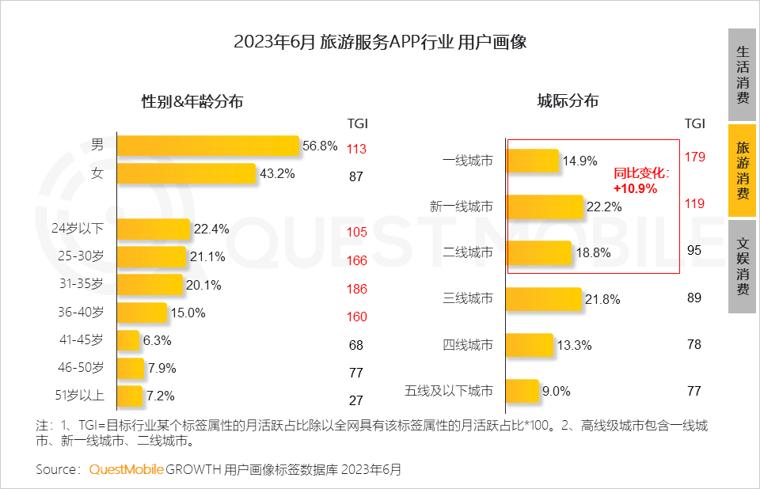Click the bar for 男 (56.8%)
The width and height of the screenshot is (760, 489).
208,146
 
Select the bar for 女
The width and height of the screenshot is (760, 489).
187,173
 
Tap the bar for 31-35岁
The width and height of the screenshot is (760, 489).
150,285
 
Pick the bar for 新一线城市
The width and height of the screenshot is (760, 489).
545,207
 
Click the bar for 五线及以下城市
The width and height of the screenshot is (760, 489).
522,390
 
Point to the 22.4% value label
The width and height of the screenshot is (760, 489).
211,229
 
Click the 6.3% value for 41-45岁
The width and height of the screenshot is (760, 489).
158,341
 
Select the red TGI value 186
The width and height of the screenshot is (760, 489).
357,290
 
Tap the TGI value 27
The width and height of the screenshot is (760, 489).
356,400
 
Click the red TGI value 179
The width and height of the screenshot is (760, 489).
694,157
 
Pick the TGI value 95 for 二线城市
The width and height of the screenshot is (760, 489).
694,249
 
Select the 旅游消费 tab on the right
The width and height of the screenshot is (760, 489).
742,171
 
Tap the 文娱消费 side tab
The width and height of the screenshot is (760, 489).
742,267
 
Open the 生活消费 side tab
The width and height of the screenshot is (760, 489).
742,75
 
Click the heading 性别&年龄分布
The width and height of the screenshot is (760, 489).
192,101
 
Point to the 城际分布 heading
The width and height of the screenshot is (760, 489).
568,100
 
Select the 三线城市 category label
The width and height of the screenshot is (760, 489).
468,298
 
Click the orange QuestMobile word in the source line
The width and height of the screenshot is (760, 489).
126,470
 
